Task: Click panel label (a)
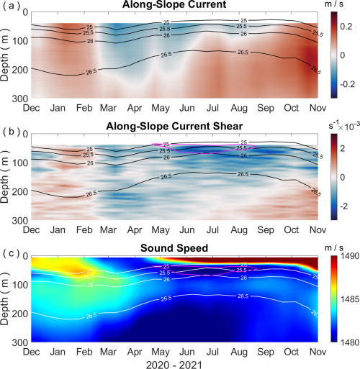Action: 10,7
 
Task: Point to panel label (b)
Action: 10,128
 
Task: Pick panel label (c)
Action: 10,250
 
